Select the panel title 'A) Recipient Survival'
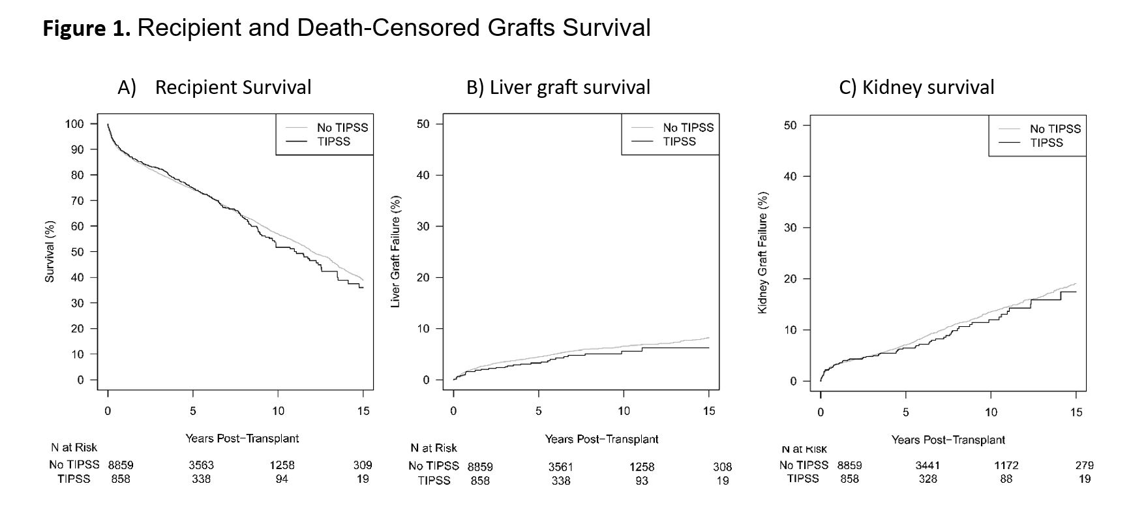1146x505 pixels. (x=215, y=87)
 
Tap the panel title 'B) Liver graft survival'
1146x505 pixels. (x=558, y=87)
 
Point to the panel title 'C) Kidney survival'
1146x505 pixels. (x=916, y=87)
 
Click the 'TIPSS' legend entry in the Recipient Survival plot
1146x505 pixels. (x=333, y=142)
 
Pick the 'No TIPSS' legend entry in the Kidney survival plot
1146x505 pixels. (x=1055, y=129)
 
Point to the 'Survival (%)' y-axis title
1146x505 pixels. (x=50, y=252)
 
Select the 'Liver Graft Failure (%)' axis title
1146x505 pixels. (x=395, y=252)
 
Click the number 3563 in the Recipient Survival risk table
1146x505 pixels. (x=201, y=465)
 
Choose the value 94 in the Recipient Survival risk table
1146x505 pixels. (x=282, y=479)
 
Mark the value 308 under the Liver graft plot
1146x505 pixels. (x=722, y=467)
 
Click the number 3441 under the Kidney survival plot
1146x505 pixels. (x=927, y=465)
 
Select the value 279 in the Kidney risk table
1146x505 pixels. (x=1084, y=465)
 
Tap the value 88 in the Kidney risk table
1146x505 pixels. (x=1006, y=479)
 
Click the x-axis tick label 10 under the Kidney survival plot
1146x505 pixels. (x=991, y=412)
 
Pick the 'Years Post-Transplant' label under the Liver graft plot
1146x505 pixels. (x=601, y=440)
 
